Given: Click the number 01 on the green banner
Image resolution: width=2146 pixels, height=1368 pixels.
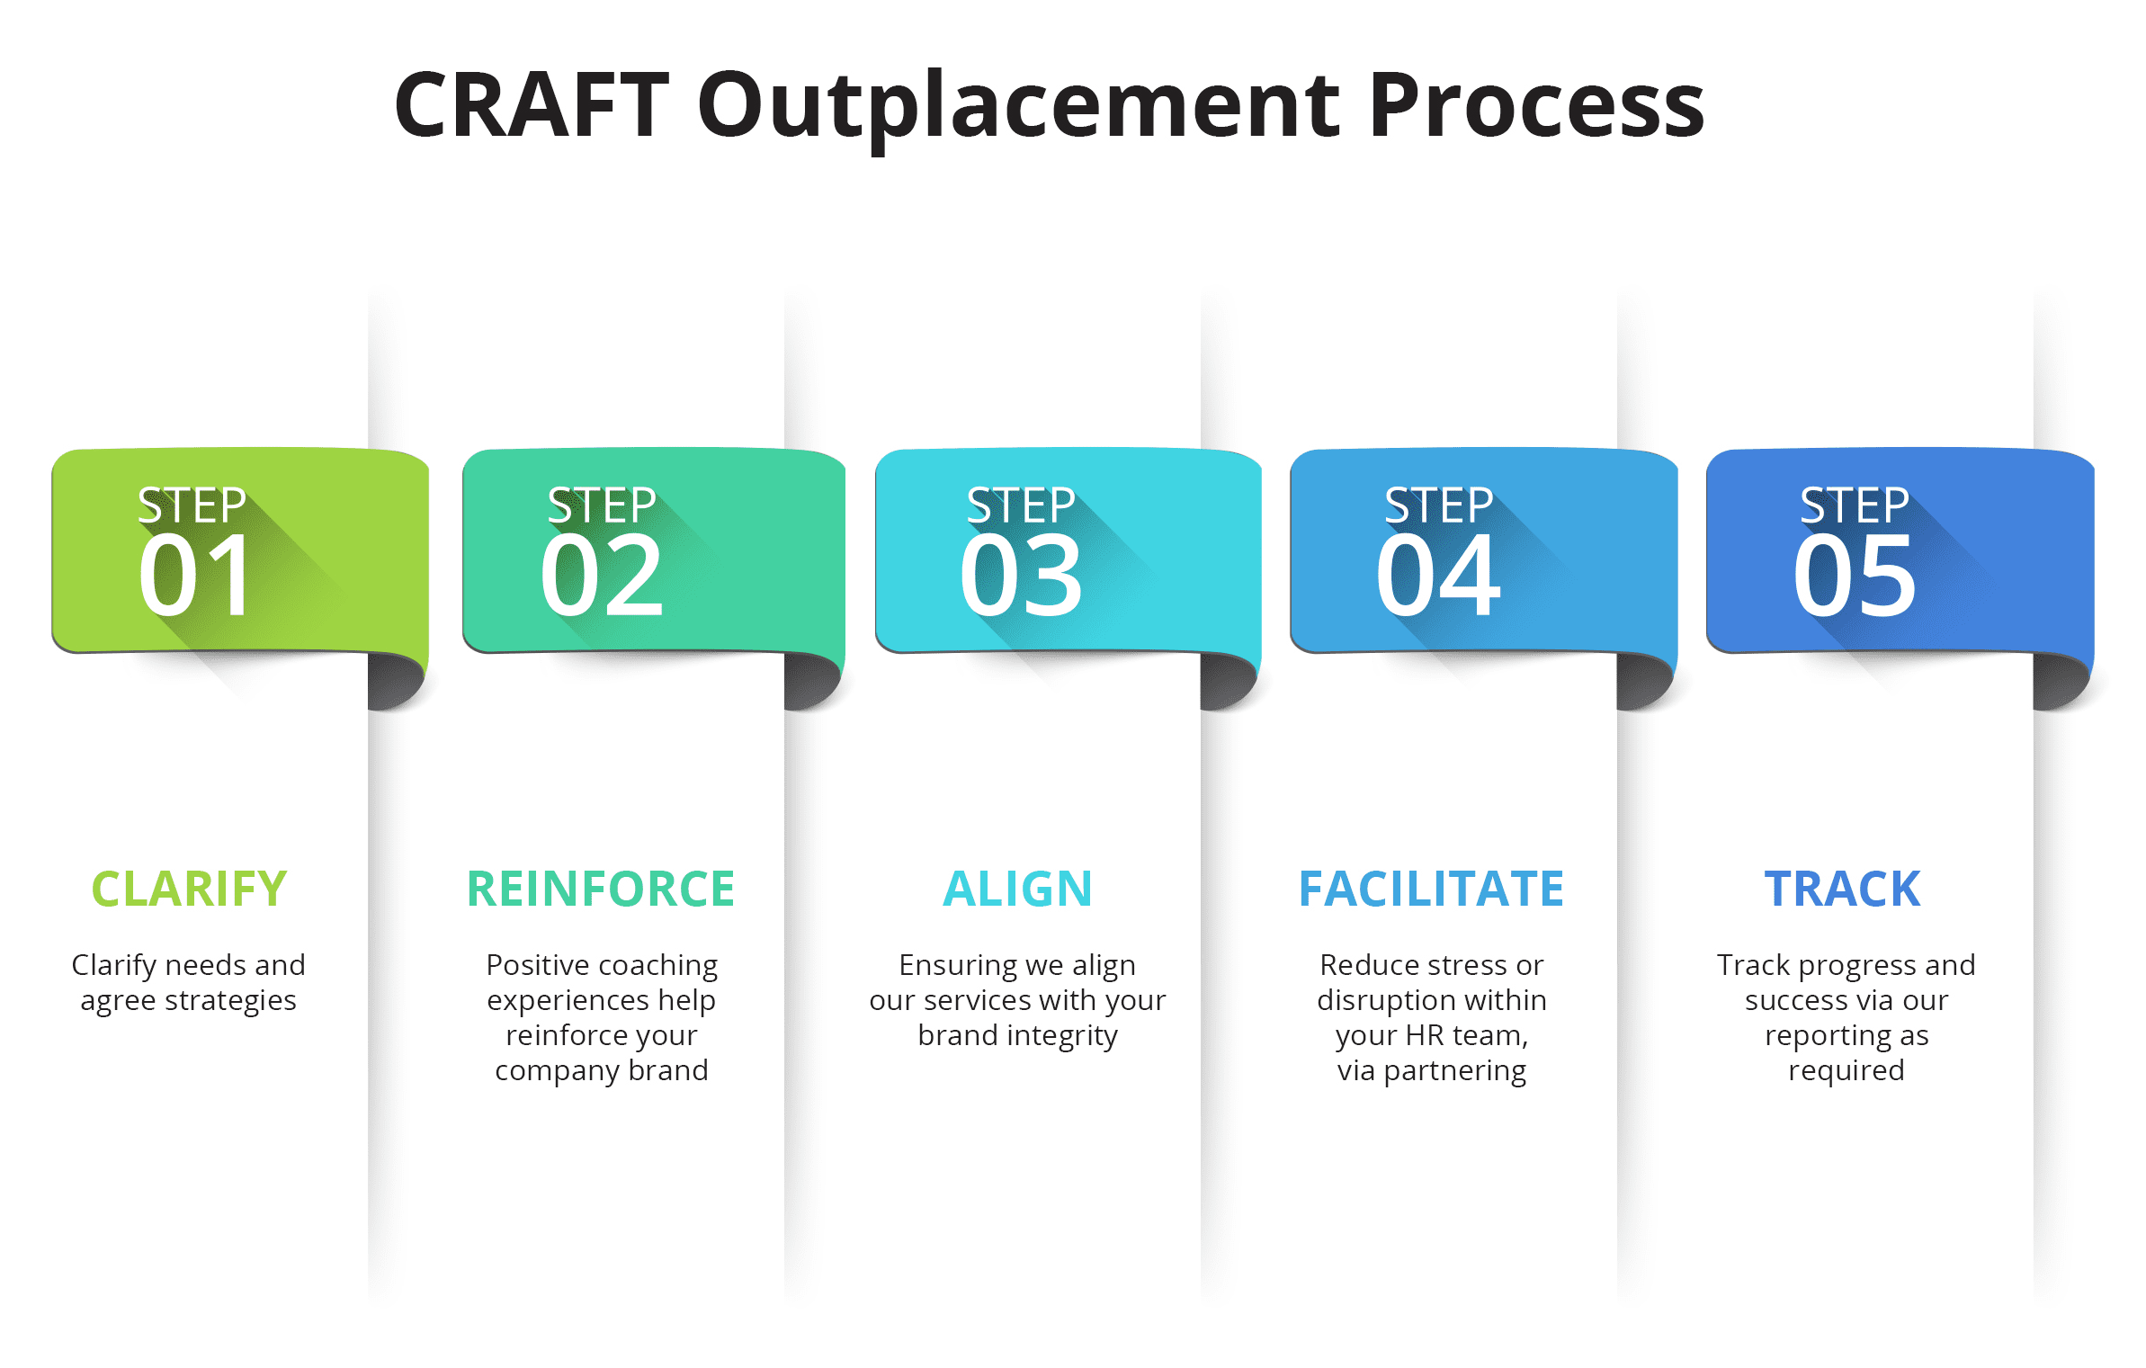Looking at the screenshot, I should pyautogui.click(x=196, y=576).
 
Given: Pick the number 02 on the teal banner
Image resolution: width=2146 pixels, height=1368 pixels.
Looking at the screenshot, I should pyautogui.click(x=602, y=576).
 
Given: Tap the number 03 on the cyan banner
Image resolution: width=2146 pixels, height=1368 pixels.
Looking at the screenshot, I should pyautogui.click(x=1021, y=576).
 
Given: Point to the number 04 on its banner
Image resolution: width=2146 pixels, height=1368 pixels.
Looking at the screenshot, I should pyautogui.click(x=1438, y=576).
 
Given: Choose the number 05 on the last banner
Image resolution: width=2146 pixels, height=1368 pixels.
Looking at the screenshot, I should pyautogui.click(x=1855, y=576).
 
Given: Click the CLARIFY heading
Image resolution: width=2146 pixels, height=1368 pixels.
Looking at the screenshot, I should pyautogui.click(x=189, y=889).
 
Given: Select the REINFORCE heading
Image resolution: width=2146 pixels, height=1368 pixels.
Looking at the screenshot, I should pyautogui.click(x=601, y=889).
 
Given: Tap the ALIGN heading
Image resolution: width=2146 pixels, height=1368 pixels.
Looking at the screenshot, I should pyautogui.click(x=1017, y=889).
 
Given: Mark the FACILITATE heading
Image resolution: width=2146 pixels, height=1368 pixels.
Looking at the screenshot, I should pyautogui.click(x=1431, y=889).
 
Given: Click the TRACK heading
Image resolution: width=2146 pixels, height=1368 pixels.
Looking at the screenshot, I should pyautogui.click(x=1842, y=889).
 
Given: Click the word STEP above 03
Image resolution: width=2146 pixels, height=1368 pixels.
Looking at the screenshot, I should pyautogui.click(x=1021, y=505).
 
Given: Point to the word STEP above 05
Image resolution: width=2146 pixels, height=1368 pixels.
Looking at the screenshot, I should pyautogui.click(x=1855, y=505).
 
